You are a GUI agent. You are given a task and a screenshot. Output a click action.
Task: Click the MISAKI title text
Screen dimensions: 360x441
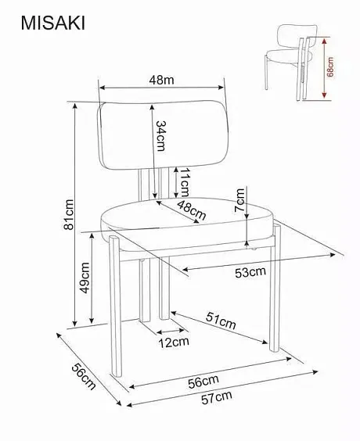[53, 23]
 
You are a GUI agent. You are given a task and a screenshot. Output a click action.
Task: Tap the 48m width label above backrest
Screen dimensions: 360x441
[161, 80]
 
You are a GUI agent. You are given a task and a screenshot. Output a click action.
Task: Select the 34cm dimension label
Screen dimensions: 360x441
[161, 136]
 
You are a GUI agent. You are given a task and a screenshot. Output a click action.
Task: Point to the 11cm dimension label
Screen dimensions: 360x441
[185, 182]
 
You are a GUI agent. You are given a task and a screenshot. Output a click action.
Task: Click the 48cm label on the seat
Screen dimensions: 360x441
[192, 210]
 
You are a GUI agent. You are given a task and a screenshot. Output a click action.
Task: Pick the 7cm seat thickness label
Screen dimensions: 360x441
[240, 200]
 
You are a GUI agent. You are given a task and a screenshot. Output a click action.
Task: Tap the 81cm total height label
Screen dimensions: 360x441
[69, 214]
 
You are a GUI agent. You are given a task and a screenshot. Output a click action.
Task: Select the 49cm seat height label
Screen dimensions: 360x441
[85, 278]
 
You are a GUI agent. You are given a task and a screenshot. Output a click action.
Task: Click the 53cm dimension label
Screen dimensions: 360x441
[250, 272]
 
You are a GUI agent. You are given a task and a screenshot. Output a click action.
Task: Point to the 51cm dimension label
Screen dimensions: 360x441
[221, 321]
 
